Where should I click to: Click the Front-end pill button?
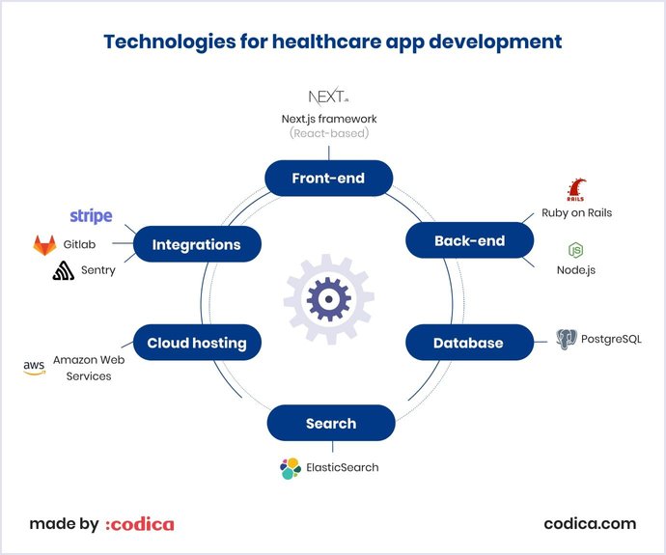coord(329,178)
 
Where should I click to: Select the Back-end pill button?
coord(469,240)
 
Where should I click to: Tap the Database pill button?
coord(468,343)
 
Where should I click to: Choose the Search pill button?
coord(331,423)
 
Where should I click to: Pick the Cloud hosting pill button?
coord(197,343)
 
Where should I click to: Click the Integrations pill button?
coord(196,244)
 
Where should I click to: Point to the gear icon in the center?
coord(329,300)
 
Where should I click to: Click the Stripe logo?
coord(91,215)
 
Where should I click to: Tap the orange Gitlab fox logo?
coord(44,245)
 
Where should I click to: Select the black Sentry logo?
coord(65,271)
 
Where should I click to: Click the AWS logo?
coord(34,367)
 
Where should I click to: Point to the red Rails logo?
coord(576,190)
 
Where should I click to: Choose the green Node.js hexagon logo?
coord(575,251)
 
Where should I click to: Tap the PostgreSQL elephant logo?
coord(567,339)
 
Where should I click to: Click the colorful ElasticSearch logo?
coord(290,468)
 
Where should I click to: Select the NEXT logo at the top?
coord(328,97)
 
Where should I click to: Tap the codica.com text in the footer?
coord(590,524)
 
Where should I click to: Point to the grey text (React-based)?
coord(329,133)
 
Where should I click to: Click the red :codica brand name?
coord(140,524)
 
